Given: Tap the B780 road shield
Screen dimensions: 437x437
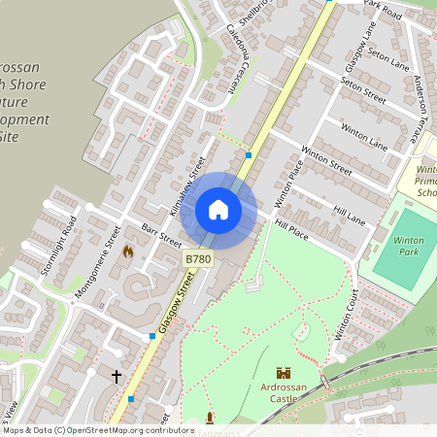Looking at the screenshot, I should tap(197, 258).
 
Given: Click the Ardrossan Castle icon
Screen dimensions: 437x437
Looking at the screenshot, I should tap(284, 373).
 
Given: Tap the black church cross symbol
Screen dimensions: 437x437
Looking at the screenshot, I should tap(117, 375).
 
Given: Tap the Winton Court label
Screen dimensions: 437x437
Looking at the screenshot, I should tap(347, 317).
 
